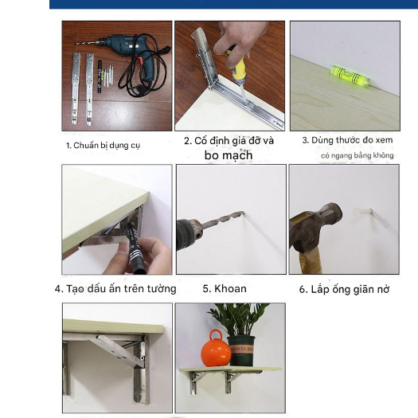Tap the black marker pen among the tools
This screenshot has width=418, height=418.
coord(100,76)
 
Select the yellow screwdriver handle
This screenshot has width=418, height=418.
coord(237,65)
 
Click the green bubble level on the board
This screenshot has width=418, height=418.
coord(350,76)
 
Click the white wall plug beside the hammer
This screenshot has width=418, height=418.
coord(362,212)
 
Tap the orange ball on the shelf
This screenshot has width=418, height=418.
coord(216,350)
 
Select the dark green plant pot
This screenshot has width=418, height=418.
coord(241,351)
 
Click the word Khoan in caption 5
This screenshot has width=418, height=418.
coord(230,289)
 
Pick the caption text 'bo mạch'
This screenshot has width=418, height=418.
coord(229,155)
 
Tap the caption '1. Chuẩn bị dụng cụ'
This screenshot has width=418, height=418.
coord(103,146)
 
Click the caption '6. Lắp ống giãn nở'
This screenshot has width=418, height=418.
coord(344,290)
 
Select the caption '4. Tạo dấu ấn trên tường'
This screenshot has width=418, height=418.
coord(115,289)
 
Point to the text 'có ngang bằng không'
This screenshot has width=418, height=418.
coord(357,155)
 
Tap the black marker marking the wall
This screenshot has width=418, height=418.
coord(135,248)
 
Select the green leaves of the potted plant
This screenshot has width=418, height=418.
coord(238,318)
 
